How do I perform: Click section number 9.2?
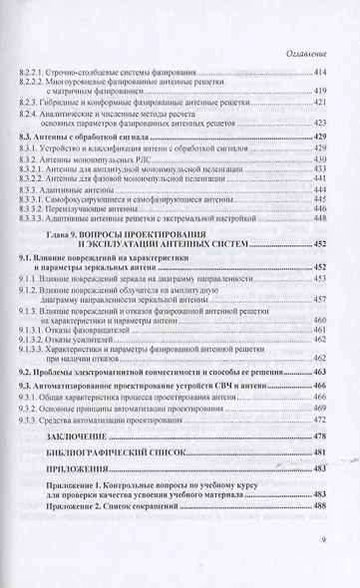tap(28, 370)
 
